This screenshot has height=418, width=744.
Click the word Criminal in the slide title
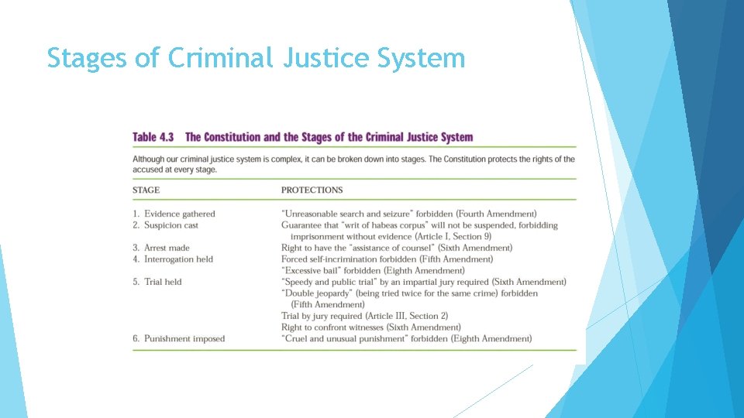pos(219,58)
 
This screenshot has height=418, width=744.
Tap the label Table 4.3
pos(153,137)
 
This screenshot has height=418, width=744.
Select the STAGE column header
pos(146,190)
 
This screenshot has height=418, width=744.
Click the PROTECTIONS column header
pos(312,190)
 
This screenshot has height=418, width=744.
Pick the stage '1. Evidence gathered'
pos(174,214)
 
